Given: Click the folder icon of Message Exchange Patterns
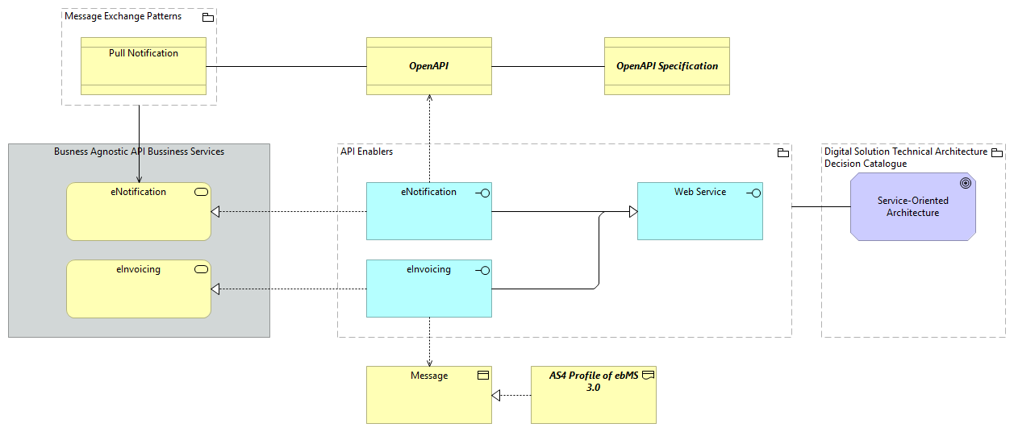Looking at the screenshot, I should click(207, 17).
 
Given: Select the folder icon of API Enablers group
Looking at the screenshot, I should click(782, 152).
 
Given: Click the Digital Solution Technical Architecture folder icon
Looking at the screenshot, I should click(996, 152).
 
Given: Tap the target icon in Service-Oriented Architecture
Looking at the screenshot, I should click(965, 184).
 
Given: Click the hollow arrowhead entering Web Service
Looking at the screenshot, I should click(632, 212).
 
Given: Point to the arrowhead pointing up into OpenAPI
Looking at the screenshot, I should click(429, 98).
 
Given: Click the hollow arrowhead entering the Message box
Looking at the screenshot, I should click(497, 396).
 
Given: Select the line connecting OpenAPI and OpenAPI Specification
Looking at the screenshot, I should click(548, 66).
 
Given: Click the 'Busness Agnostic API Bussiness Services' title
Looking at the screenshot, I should click(139, 152).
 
